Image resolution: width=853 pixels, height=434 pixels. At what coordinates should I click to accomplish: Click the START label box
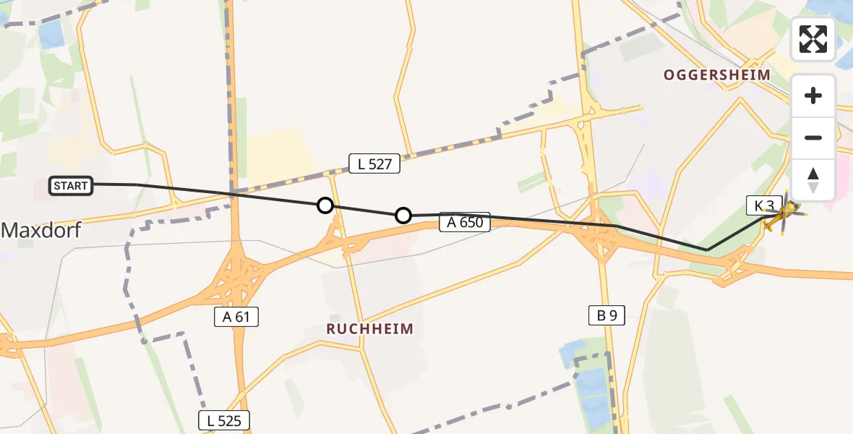71,186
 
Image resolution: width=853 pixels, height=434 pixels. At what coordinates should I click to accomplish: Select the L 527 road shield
374,163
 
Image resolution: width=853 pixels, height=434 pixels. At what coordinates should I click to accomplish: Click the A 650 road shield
465,223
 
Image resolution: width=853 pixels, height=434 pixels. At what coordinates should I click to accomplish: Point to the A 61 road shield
236,316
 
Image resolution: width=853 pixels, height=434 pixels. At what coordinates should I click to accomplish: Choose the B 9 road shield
606,314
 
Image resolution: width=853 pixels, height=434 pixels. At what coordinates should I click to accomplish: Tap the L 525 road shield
224,420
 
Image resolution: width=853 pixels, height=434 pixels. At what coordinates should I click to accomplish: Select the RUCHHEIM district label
369,329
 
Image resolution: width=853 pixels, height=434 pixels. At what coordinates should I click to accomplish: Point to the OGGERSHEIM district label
717,75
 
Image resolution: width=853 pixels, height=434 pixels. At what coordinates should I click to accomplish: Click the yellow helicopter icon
783,216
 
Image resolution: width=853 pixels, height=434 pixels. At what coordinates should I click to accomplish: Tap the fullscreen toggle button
813,39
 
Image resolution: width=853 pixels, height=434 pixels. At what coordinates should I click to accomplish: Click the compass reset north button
813,180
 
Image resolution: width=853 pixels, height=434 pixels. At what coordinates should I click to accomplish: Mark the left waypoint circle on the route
325,205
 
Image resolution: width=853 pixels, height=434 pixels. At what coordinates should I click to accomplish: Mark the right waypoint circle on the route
403,216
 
